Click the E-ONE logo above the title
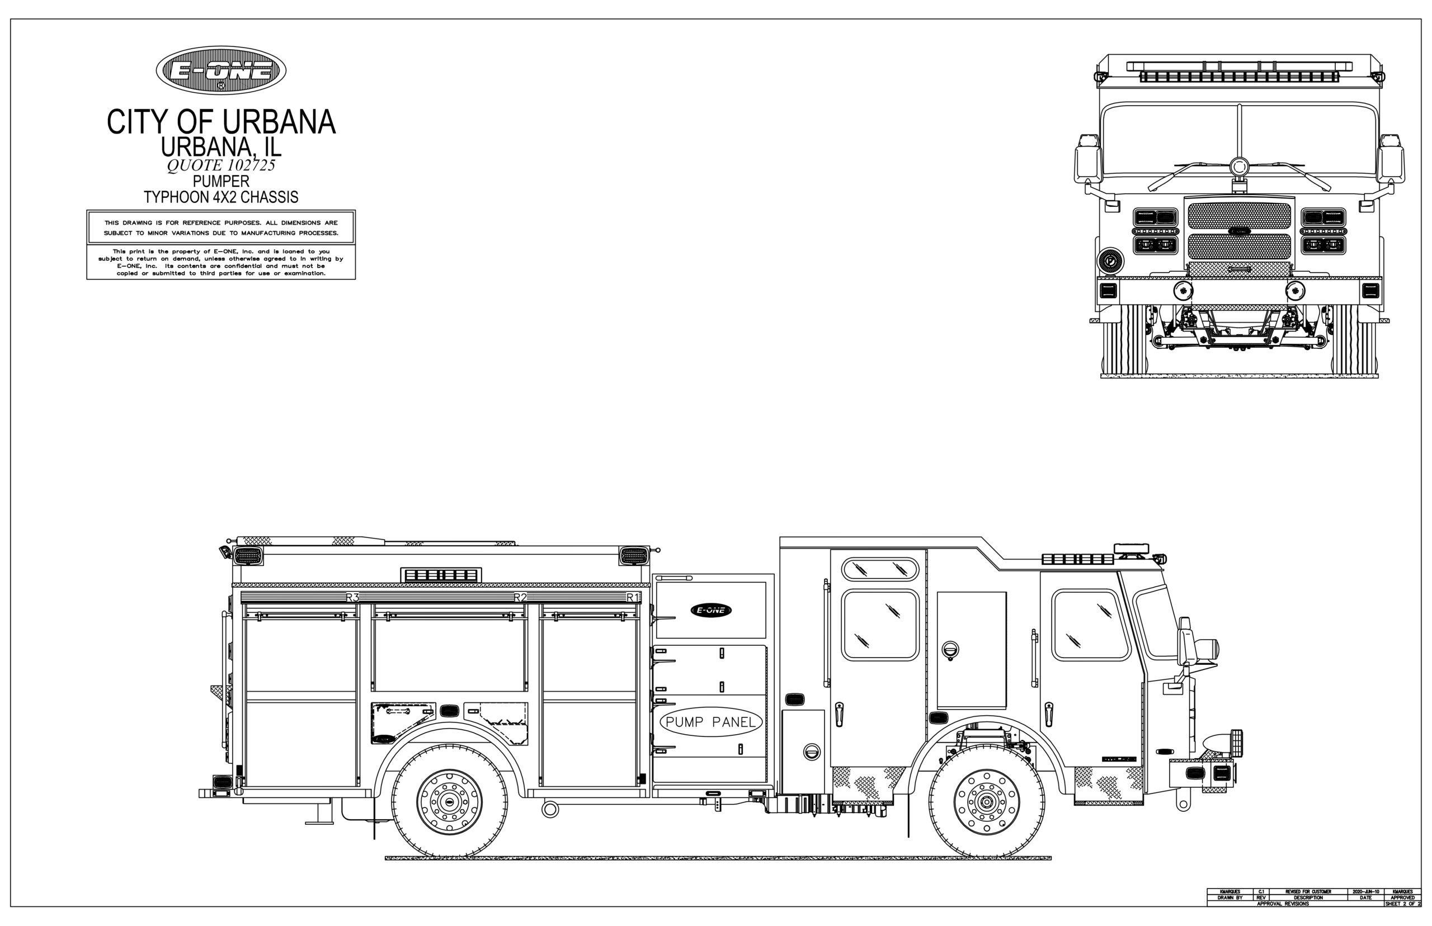coord(221,70)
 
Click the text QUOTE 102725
coord(221,166)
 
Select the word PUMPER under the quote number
coord(221,181)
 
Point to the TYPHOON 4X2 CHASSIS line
coord(221,197)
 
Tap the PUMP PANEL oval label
coord(710,722)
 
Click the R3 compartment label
coord(352,597)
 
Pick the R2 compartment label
coord(520,597)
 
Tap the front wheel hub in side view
coord(986,801)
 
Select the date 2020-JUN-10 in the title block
coord(1365,892)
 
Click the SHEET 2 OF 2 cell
coord(1402,904)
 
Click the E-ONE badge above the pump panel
coord(711,610)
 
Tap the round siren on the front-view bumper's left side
coord(1110,261)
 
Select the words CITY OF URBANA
coord(221,122)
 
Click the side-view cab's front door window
coord(1090,625)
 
